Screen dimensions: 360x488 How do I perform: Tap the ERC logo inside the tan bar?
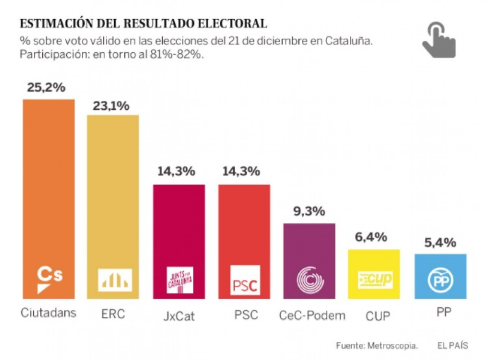point(115,280)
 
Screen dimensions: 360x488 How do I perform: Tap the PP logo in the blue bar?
point(440,280)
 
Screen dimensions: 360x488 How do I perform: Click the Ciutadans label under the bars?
point(48,313)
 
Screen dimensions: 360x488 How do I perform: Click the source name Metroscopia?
point(392,346)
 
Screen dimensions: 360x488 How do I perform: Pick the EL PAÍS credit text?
point(453,346)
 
